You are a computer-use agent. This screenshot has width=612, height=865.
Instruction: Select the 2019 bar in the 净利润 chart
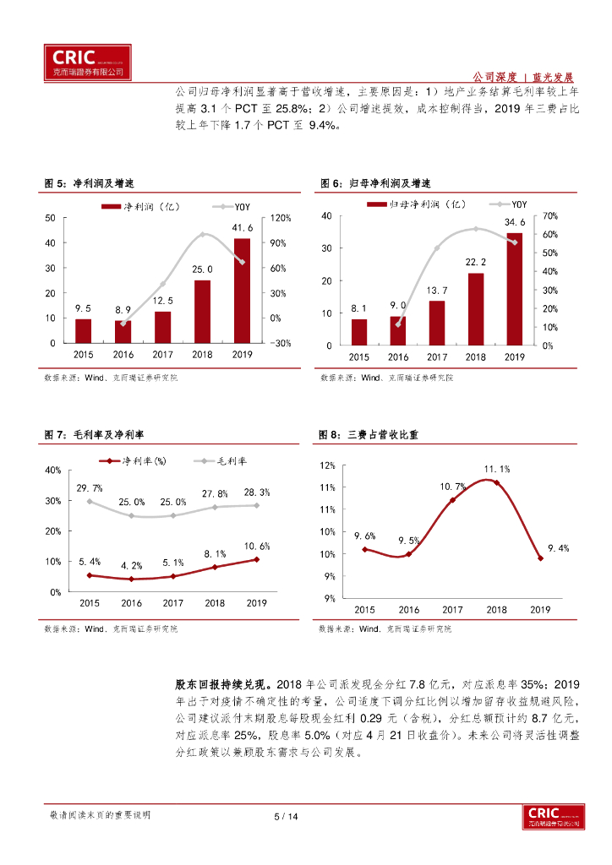242,290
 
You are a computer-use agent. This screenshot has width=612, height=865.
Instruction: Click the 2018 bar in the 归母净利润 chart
476,308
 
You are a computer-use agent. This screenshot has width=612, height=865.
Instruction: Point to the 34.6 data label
515,222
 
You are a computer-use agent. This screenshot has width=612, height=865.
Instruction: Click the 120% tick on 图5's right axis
280,218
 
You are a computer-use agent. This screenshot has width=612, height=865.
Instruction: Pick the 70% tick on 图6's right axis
549,217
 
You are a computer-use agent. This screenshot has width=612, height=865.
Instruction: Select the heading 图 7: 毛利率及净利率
94,434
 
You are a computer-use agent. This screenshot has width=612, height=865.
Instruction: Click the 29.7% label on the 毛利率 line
90,488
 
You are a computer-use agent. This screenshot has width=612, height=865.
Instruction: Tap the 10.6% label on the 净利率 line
257,546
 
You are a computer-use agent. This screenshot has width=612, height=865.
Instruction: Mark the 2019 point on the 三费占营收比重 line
540,558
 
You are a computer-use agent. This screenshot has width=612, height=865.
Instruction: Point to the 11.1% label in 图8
496,469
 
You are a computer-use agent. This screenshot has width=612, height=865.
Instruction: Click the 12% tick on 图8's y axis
328,465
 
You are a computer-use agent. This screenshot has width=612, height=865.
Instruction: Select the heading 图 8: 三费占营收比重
369,434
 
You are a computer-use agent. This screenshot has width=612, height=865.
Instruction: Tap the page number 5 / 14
287,816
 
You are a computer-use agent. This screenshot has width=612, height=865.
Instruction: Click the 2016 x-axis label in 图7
131,603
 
